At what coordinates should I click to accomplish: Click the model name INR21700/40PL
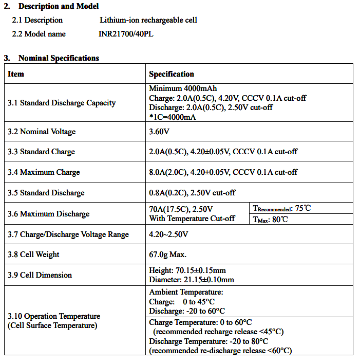tap(126, 34)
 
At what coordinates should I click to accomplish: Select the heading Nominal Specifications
tap(59, 58)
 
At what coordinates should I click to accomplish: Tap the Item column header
tap(16, 74)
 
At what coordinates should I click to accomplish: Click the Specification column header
tap(172, 74)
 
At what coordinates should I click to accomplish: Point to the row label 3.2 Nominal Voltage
tap(42, 132)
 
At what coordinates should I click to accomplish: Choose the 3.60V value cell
tap(159, 132)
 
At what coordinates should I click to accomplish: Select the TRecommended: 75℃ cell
tap(282, 208)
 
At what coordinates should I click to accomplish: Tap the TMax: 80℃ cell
tap(271, 219)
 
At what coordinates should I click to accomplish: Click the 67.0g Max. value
tap(168, 254)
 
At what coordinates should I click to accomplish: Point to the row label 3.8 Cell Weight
tap(33, 254)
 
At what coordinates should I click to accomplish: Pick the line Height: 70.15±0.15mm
tap(187, 270)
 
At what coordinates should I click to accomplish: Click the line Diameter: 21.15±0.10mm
tap(192, 280)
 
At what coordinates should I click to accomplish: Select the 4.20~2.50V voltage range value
tap(168, 234)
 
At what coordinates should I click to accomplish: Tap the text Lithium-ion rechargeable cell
tap(148, 20)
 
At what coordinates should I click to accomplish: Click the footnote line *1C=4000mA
tap(173, 117)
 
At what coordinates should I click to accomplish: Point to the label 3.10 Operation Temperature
tap(54, 316)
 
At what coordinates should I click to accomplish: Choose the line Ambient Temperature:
tap(186, 292)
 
